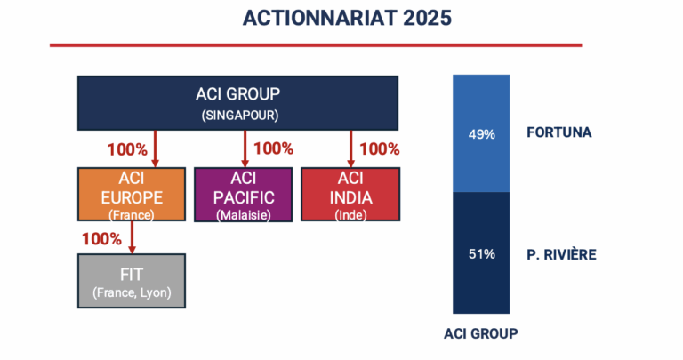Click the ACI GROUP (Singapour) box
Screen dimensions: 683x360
point(237,103)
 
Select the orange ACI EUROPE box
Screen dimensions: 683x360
point(132,194)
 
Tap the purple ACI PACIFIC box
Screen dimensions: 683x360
point(243,195)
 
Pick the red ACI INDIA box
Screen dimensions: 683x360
point(350,194)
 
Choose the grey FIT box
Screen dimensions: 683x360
point(132,281)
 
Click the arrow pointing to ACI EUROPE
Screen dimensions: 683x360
point(155,148)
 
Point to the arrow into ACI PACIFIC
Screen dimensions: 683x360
point(245,148)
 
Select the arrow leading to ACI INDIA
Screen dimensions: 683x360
point(350,148)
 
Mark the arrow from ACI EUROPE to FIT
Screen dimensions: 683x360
point(132,237)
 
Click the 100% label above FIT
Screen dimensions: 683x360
point(102,239)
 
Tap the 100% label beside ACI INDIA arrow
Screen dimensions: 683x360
point(380,149)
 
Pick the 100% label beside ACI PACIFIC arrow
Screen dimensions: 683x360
point(274,148)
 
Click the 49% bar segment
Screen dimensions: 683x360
point(481,133)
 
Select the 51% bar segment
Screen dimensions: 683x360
point(481,253)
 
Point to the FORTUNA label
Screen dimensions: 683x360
point(559,132)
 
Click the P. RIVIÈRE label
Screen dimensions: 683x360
point(561,254)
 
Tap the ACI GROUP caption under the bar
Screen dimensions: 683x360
point(481,334)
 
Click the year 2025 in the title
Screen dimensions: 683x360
point(427,19)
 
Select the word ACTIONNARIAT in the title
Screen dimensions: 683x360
point(320,19)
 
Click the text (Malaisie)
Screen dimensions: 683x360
point(244,215)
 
